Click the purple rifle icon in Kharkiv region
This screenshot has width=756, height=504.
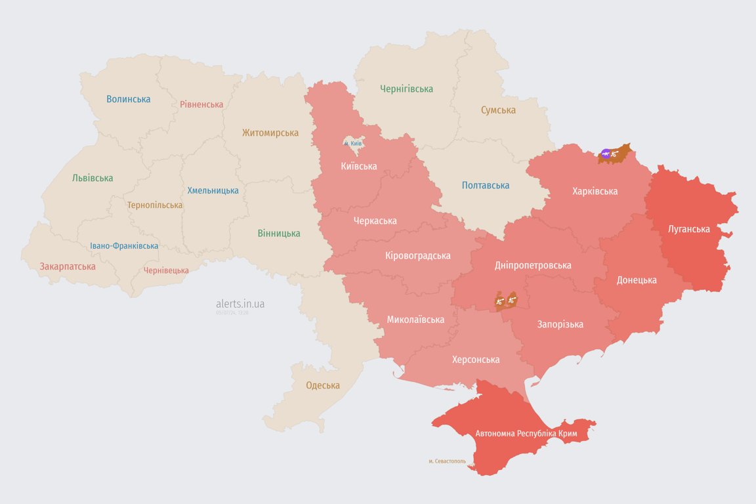click(x=606, y=154)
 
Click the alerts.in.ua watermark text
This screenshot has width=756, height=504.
click(x=240, y=304)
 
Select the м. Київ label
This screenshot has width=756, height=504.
click(x=352, y=143)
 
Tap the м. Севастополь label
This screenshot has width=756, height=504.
click(x=447, y=461)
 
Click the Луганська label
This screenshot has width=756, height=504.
click(x=688, y=229)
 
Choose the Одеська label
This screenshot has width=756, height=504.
click(x=323, y=385)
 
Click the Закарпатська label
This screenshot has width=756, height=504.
click(x=68, y=266)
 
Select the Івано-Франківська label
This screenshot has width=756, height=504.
click(x=124, y=246)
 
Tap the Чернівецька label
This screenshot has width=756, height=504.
click(x=166, y=270)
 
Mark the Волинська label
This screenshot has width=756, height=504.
click(x=129, y=99)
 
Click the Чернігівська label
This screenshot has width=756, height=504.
click(x=406, y=89)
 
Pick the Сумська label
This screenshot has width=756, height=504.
click(x=498, y=110)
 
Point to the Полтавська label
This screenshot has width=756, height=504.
click(x=486, y=185)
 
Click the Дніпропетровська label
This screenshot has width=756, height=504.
click(x=533, y=265)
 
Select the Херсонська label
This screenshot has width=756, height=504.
click(x=476, y=360)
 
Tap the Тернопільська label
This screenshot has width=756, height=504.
click(x=155, y=205)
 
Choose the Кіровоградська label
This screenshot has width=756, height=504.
click(x=418, y=255)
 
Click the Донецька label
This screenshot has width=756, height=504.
click(x=637, y=280)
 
